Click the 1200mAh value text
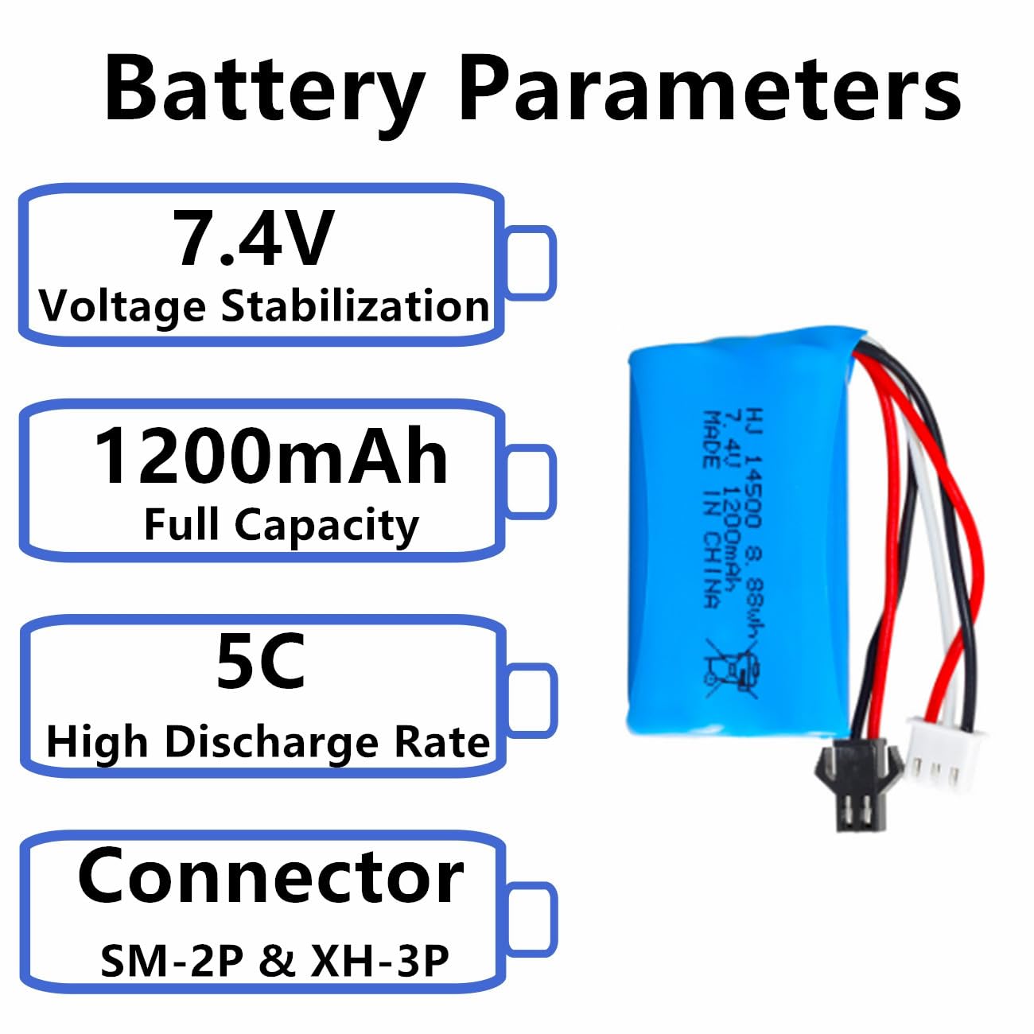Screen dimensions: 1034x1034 (x=270, y=457)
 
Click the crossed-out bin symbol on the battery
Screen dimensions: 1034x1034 (x=733, y=668)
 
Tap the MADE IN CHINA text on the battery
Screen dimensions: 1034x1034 (x=712, y=510)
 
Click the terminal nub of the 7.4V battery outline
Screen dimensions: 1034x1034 (x=529, y=262)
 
